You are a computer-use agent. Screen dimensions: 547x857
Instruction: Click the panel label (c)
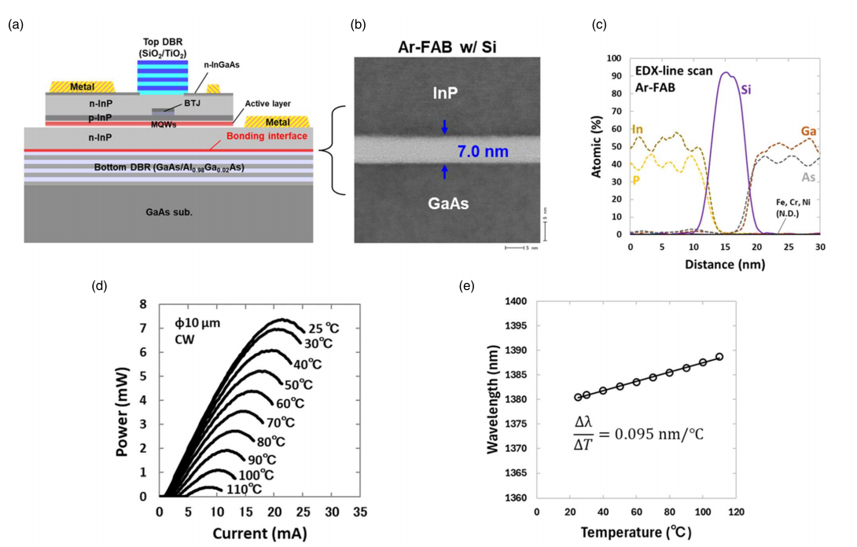pyautogui.click(x=599, y=25)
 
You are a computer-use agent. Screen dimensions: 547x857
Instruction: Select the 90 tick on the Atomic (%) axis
pyautogui.click(x=615, y=75)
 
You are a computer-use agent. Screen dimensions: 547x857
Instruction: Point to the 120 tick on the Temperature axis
pyautogui.click(x=736, y=512)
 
